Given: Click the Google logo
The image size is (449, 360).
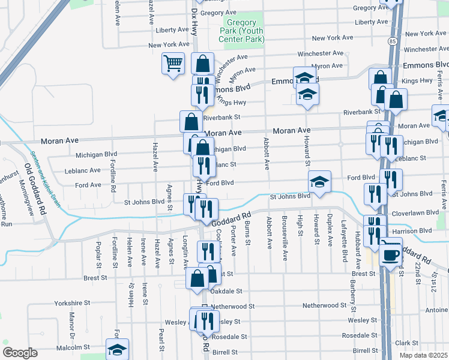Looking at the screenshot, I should tap(20, 353).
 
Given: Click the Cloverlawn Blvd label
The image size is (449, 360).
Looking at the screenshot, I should tap(411, 212).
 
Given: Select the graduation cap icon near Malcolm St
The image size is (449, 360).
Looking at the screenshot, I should tap(117, 349).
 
